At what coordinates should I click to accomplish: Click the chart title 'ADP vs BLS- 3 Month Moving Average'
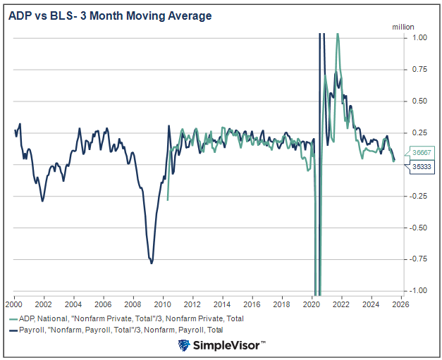coord(110,15)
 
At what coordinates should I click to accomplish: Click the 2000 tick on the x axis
coord(14,304)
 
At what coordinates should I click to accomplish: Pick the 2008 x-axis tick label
coord(133,304)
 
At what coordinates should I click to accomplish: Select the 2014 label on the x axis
coord(221,304)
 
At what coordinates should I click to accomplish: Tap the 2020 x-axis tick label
coord(311,304)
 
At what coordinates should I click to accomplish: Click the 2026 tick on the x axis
coord(400,304)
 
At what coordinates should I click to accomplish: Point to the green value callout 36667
coord(422,153)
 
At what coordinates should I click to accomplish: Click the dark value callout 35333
coord(422,166)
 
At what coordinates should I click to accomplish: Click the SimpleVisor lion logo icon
coord(185,345)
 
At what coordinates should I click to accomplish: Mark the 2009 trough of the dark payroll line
coord(152,263)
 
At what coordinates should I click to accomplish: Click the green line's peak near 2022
coord(338,34)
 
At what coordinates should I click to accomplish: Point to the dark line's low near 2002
coord(43,201)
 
